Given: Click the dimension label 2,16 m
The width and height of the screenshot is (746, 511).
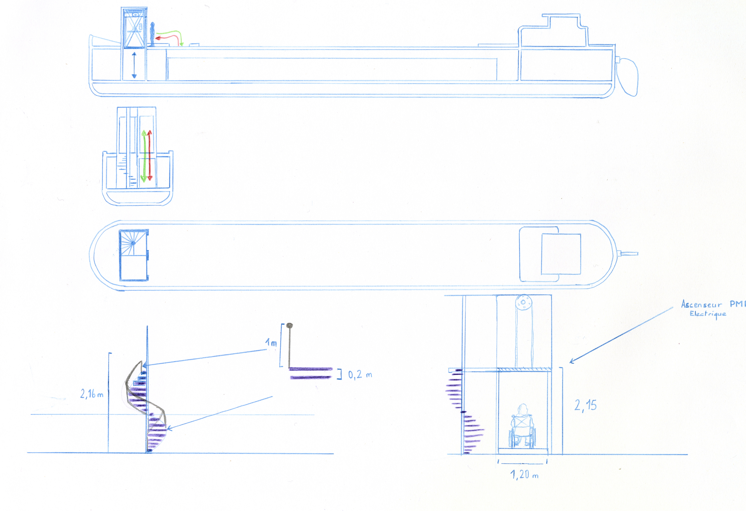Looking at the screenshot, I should (92, 394).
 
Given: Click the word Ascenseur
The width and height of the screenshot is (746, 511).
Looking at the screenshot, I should (701, 304).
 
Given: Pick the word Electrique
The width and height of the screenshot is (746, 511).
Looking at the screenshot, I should (708, 314).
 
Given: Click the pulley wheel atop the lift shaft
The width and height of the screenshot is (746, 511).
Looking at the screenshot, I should (524, 302).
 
